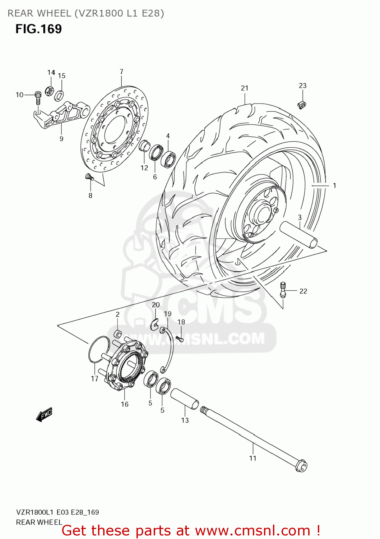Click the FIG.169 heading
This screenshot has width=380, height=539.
point(38,29)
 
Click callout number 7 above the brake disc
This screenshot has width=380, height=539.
point(121,72)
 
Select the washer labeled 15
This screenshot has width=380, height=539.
point(59,96)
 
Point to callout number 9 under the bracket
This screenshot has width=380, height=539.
point(61,139)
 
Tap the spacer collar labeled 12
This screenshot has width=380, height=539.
point(144,146)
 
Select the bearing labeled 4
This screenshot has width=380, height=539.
point(168,158)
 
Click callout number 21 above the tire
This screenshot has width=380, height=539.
point(245,88)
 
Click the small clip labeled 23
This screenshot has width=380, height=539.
point(302,104)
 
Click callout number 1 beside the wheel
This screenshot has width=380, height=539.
point(334,186)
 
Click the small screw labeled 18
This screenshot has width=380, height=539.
point(180,338)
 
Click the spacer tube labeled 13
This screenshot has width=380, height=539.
point(185,399)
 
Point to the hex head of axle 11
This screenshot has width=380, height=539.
point(301,467)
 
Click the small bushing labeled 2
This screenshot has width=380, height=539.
point(118,334)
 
